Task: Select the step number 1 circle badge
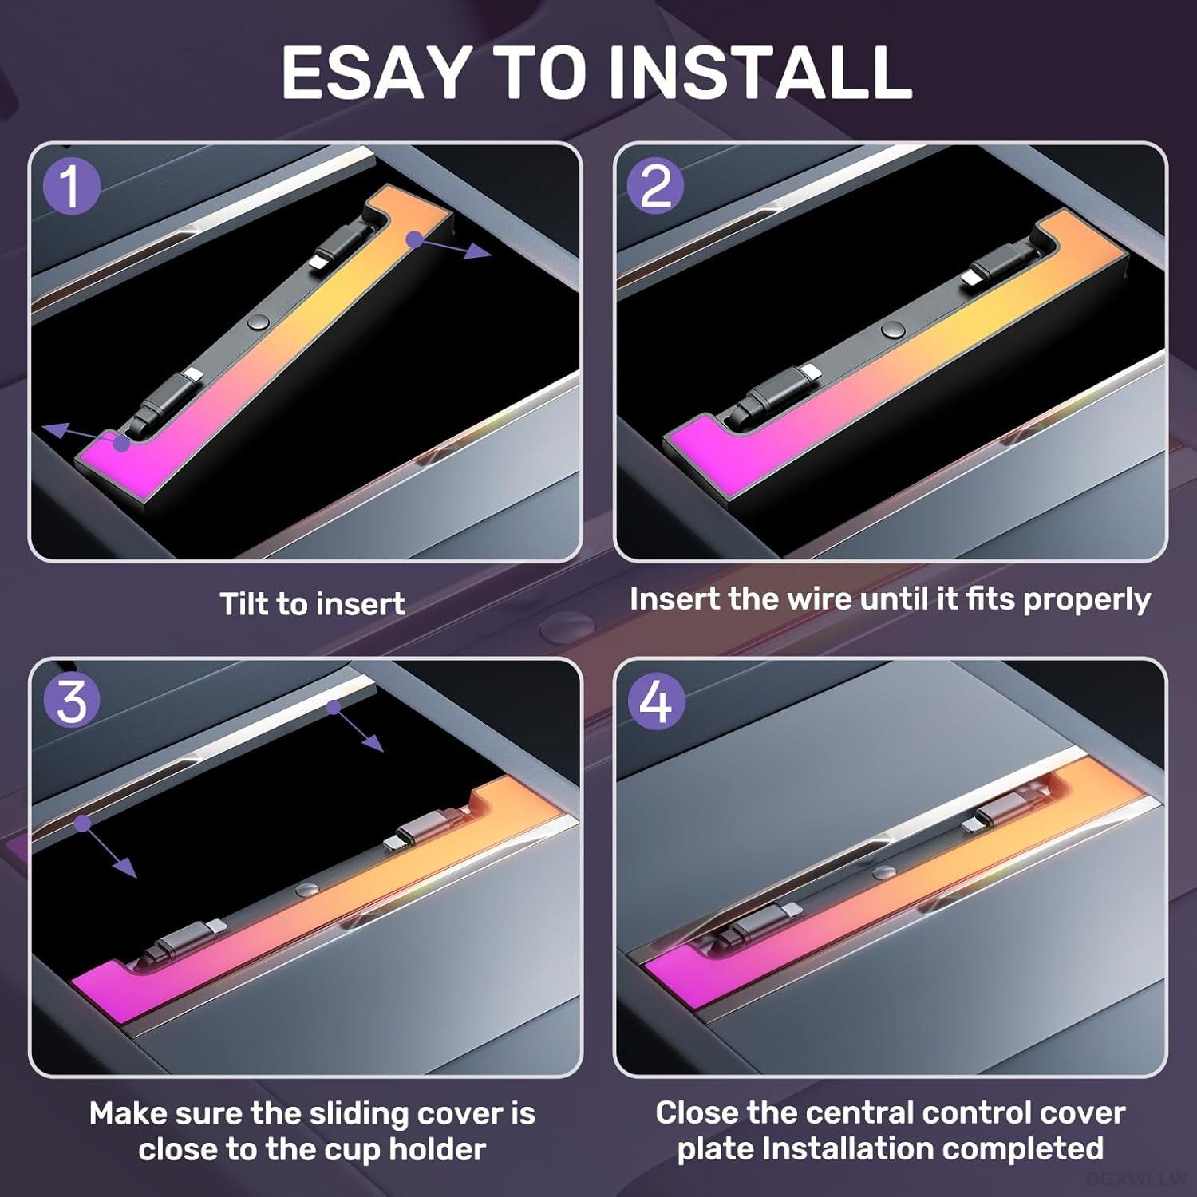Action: tap(72, 187)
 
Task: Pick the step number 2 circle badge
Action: tap(656, 187)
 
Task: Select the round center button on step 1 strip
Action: tap(257, 322)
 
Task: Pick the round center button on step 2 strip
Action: tap(892, 329)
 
